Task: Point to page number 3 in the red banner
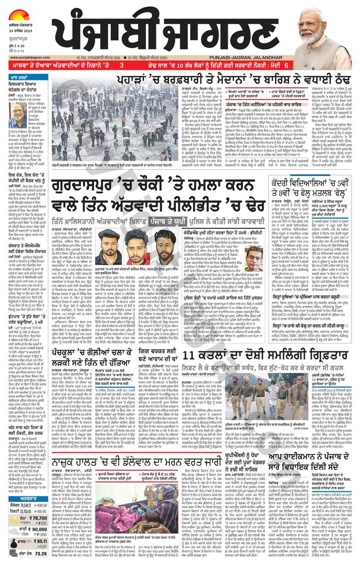coord(120,66)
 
